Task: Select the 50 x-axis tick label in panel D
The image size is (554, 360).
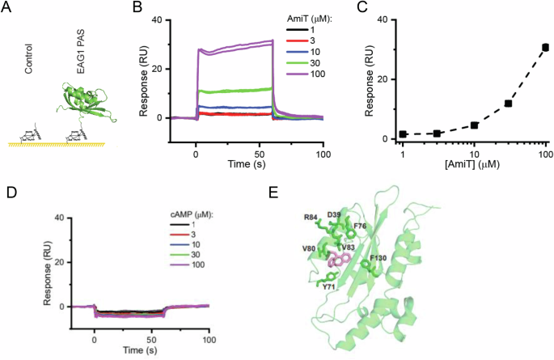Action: pos(151,332)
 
